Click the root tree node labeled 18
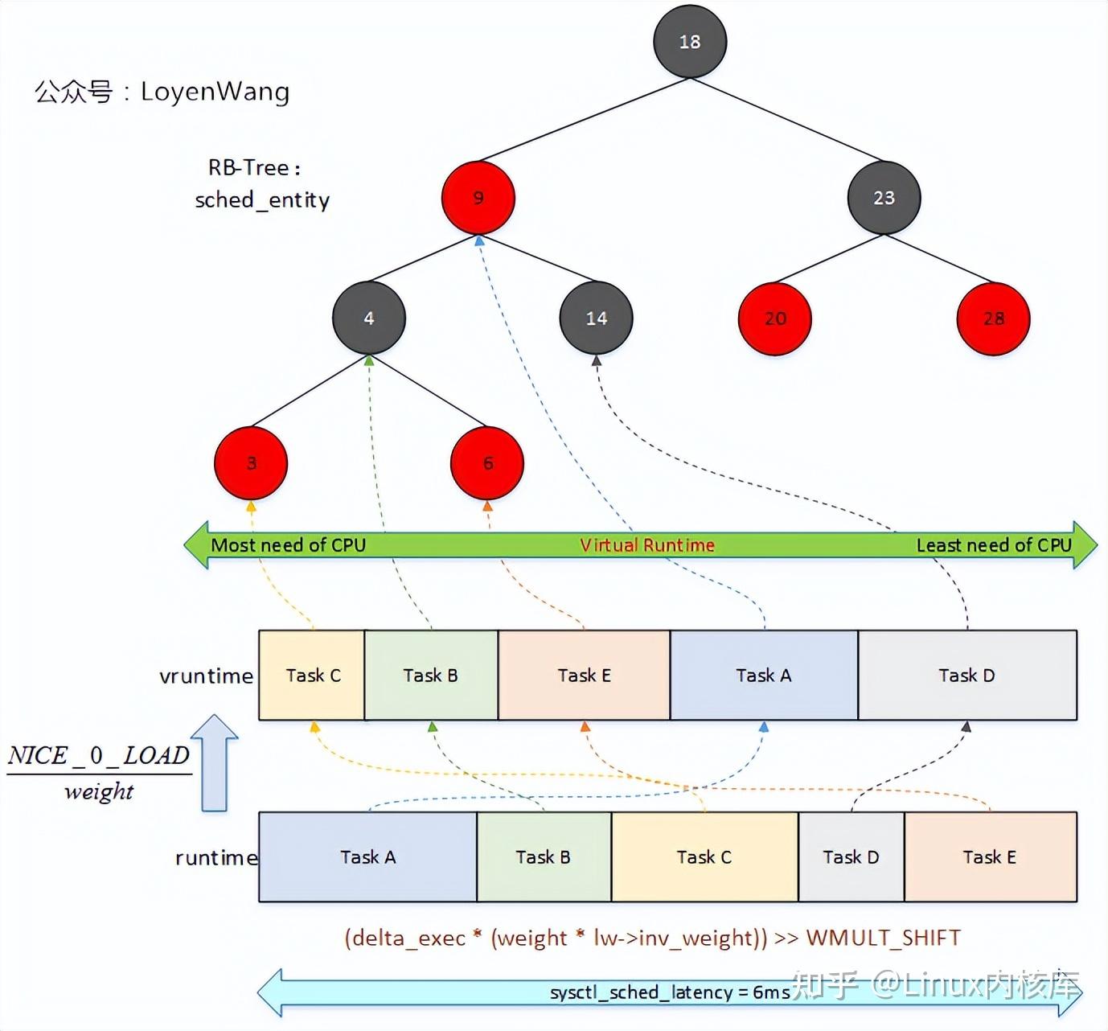click(690, 42)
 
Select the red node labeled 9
click(478, 198)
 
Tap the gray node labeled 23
click(884, 198)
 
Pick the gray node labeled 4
click(369, 318)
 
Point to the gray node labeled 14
click(596, 318)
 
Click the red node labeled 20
click(775, 318)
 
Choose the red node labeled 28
click(994, 318)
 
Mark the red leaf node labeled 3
click(251, 463)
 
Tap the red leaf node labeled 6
click(487, 463)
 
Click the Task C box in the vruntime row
click(313, 676)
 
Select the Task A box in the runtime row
click(368, 857)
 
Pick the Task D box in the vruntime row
click(966, 676)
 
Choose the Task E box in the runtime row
click(990, 857)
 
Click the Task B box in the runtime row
click(544, 857)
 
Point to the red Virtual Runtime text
click(647, 545)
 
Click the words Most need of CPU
click(288, 545)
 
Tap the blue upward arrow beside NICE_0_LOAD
click(215, 762)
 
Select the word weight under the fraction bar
click(99, 791)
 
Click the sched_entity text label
click(262, 199)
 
